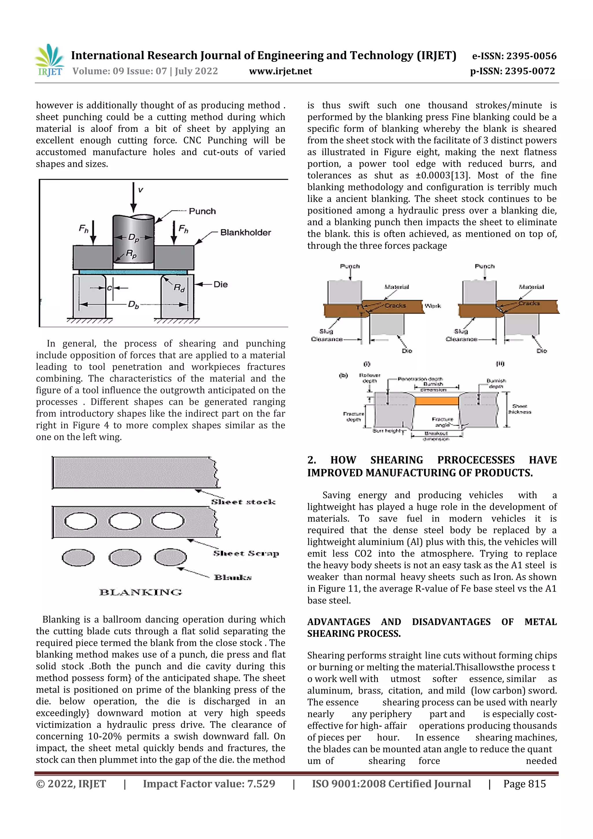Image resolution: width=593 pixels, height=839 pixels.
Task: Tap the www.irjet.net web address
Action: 280,71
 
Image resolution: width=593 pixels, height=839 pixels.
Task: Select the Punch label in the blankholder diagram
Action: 202,211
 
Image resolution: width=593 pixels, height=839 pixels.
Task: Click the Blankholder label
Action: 246,232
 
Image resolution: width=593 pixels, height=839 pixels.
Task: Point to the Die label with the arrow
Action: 220,284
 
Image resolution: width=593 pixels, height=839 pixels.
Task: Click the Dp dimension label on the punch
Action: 133,237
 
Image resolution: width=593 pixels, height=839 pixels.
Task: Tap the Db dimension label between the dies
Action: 133,304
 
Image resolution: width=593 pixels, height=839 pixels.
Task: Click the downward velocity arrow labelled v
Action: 134,197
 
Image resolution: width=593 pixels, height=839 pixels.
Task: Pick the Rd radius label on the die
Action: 179,288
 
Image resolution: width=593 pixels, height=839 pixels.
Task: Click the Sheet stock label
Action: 243,502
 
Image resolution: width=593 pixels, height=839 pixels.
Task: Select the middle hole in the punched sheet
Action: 125,521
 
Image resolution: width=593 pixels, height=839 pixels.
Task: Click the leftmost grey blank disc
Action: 78,557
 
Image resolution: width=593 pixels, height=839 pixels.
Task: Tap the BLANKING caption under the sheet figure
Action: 140,592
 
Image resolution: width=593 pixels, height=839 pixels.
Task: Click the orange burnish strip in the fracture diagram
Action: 437,401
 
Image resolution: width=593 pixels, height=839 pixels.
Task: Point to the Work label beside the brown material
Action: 433,306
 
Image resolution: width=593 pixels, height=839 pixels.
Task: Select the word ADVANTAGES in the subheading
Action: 338,622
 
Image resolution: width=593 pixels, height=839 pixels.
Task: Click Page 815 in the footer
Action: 524,784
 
